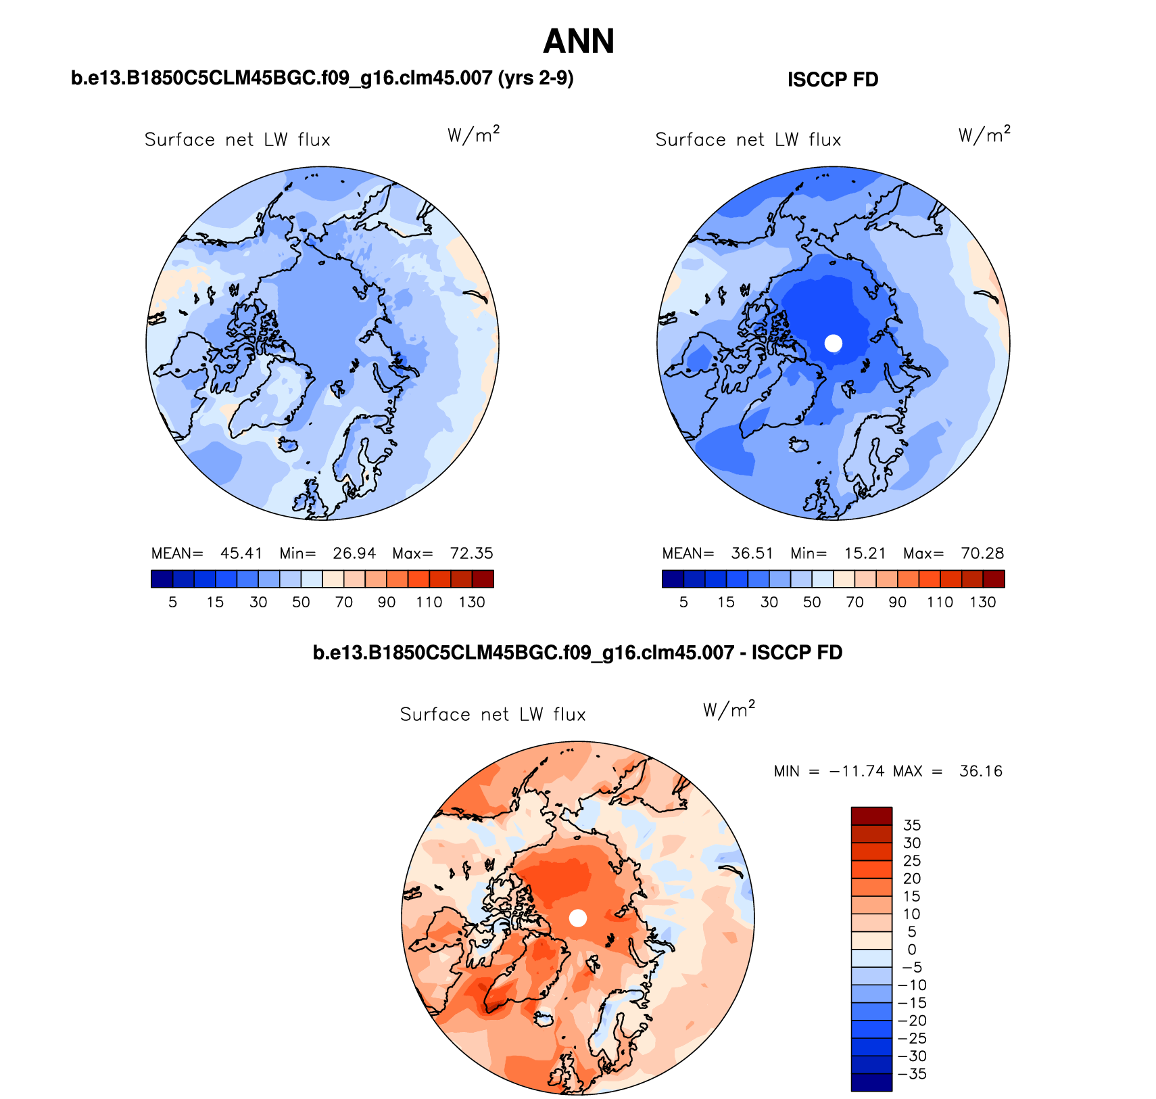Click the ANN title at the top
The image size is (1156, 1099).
coord(579,41)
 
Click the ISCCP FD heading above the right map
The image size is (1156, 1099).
coord(832,80)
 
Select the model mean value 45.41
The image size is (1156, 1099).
coord(241,553)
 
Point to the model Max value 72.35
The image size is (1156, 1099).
coord(471,553)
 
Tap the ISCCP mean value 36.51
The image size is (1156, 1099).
coord(752,553)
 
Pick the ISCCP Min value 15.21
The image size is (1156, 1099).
coord(865,553)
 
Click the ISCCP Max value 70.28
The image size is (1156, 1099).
coord(982,553)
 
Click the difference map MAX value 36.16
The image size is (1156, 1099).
coord(980,771)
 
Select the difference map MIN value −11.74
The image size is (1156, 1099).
coord(857,771)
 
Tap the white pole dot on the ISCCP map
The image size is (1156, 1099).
coord(834,343)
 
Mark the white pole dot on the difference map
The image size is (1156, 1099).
coord(578,918)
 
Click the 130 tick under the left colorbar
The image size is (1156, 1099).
coord(472,602)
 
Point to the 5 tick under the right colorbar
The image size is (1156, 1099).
coord(683,602)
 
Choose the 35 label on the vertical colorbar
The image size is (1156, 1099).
coord(912,825)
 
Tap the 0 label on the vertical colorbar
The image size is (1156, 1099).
coord(912,950)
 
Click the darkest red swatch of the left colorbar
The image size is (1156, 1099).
coord(483,579)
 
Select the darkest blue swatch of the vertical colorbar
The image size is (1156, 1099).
coord(871,1082)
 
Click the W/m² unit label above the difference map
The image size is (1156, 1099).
coord(729,709)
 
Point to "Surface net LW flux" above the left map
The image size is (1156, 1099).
coord(237,140)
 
